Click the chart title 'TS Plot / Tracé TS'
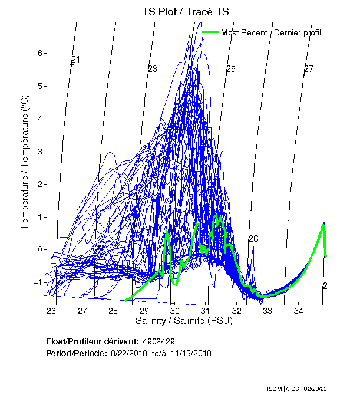coord(185,11)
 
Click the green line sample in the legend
coord(210,32)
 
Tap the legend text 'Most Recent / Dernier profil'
coord(271,32)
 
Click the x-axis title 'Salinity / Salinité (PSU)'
coord(184,321)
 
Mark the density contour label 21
coord(75,60)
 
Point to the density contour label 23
coord(152,70)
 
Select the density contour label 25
coord(230,70)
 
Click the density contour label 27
coord(308,70)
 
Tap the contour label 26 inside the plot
coord(253,239)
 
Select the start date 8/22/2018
coord(129,353)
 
